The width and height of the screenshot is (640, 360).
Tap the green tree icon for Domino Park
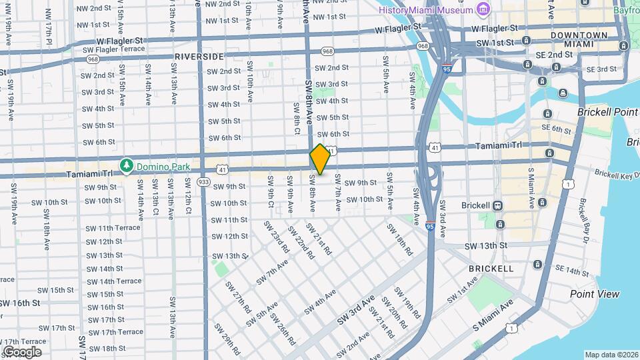pos(125,165)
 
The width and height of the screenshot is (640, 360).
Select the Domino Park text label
pos(163,165)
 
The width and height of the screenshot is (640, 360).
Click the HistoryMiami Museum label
pos(425,10)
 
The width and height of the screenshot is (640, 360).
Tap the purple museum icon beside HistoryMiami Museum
pos(483,10)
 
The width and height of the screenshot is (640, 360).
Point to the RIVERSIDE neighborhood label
pos(199,57)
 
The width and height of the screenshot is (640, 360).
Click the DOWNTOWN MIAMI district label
pos(579,39)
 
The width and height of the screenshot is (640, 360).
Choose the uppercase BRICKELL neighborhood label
pos(491,269)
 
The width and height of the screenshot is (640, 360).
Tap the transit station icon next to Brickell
pos(499,206)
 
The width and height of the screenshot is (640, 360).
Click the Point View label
pos(594,294)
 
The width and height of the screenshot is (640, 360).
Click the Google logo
pos(21,351)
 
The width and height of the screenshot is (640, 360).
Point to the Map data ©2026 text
pos(611,355)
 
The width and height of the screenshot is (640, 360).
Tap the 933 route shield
pos(204,181)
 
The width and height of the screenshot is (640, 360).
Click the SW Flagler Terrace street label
pos(113,49)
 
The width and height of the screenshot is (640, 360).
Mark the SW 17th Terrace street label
pos(115,332)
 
